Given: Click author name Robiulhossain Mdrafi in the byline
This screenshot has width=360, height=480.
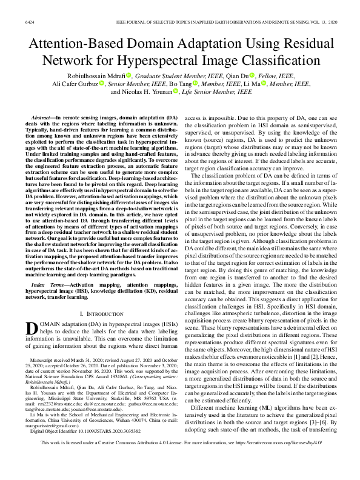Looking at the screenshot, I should pyautogui.click(x=94, y=75).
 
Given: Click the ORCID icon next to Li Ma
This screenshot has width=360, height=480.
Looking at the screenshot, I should pyautogui.click(x=264, y=83).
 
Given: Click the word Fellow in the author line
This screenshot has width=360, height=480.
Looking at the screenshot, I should pyautogui.click(x=265, y=75).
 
